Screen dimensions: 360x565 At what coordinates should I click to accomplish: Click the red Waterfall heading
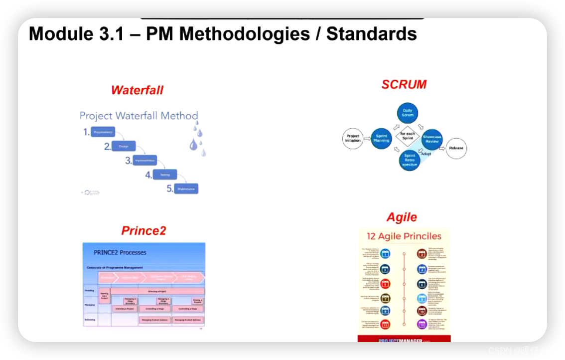click(x=137, y=90)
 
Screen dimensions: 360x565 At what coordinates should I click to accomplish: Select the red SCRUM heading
click(x=404, y=84)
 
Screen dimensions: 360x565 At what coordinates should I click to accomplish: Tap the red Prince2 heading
click(x=143, y=230)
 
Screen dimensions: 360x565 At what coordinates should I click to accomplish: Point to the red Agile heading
click(x=402, y=217)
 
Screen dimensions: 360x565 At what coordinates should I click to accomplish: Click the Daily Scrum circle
click(x=408, y=113)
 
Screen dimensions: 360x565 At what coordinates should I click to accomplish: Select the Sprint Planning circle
click(x=381, y=138)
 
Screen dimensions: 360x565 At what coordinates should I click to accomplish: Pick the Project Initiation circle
click(x=353, y=138)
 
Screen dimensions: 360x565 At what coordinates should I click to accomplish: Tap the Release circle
click(x=456, y=148)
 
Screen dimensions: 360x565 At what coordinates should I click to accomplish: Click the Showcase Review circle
click(x=432, y=139)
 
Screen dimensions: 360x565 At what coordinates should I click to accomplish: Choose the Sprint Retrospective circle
click(x=410, y=160)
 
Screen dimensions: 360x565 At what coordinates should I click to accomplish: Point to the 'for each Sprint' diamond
click(x=408, y=136)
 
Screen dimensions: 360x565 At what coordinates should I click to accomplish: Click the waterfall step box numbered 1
click(x=103, y=132)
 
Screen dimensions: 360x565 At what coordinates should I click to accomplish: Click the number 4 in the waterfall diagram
click(x=148, y=175)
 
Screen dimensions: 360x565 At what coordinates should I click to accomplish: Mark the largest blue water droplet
click(x=193, y=145)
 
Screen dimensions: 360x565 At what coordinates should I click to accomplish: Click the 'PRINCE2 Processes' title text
click(x=120, y=252)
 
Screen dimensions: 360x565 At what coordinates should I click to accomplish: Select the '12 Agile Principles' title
click(x=404, y=236)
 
